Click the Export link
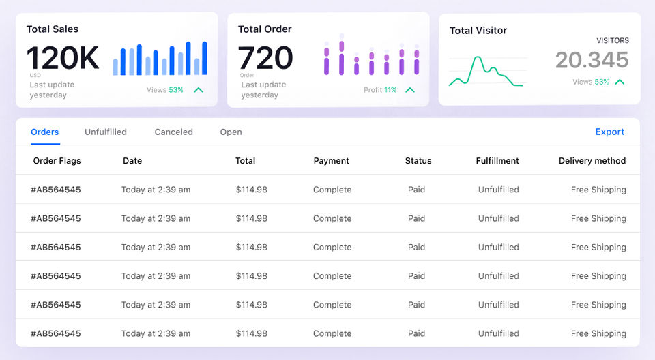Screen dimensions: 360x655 click(609, 132)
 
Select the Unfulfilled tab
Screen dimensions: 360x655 click(106, 132)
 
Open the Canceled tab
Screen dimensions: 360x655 click(173, 132)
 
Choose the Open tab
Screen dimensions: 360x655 click(231, 132)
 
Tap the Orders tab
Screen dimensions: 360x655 click(45, 132)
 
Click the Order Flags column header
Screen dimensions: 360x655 click(57, 161)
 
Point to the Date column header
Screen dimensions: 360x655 click(132, 161)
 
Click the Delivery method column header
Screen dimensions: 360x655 click(592, 161)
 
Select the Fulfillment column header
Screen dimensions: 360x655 click(497, 161)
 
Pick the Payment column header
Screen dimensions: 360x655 click(331, 161)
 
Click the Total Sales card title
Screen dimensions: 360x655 click(53, 29)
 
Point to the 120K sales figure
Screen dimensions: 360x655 click(63, 59)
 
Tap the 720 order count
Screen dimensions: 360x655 click(265, 59)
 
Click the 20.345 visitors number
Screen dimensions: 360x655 click(592, 60)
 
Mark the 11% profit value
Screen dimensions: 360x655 click(390, 90)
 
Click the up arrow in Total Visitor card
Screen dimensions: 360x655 click(620, 82)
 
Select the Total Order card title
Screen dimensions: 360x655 click(265, 29)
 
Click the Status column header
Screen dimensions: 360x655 click(418, 161)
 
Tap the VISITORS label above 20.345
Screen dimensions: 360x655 click(612, 41)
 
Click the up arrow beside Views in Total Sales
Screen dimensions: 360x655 click(199, 90)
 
